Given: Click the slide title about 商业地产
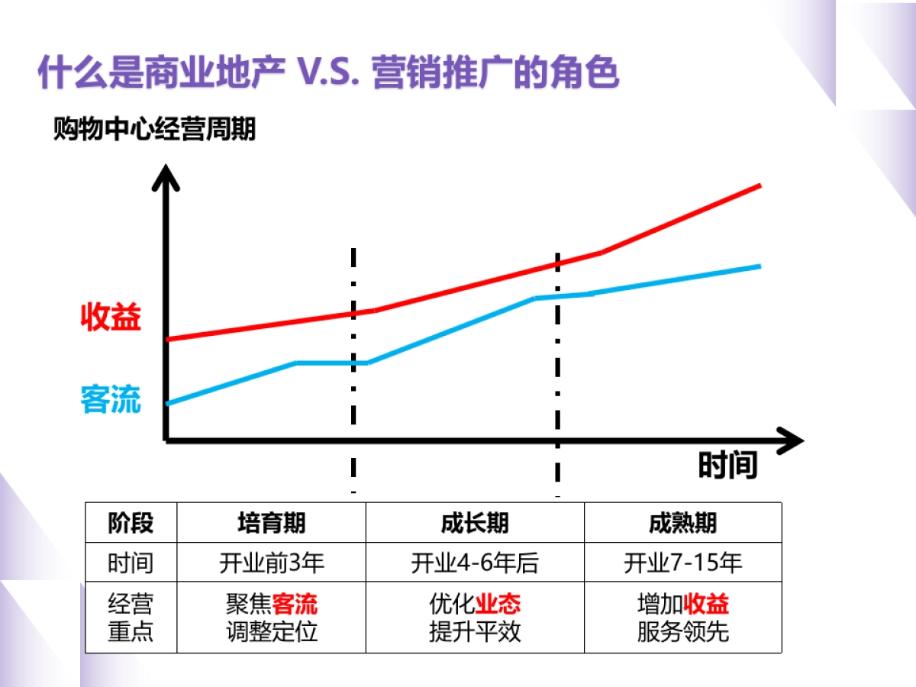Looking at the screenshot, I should click(328, 73).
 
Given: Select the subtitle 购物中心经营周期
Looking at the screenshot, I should click(154, 130).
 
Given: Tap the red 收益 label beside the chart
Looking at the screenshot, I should click(111, 318).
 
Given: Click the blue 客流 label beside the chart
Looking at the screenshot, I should click(111, 399).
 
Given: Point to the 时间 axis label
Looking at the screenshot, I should click(727, 465).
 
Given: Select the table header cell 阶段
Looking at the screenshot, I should click(131, 523).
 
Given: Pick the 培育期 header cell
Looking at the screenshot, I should click(272, 523).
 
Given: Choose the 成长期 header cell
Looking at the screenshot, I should click(475, 523).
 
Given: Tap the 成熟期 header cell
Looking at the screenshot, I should click(682, 523).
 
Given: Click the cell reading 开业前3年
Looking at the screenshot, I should click(272, 563).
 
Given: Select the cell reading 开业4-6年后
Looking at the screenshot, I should click(475, 563).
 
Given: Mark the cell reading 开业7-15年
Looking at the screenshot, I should click(682, 563).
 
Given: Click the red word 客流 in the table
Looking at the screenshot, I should click(295, 605).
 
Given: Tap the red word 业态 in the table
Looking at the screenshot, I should click(498, 605).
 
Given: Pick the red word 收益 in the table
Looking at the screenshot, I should click(706, 605).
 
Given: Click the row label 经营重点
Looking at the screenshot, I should click(131, 618).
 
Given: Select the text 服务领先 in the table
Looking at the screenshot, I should click(682, 632).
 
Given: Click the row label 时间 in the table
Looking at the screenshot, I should click(131, 563).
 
